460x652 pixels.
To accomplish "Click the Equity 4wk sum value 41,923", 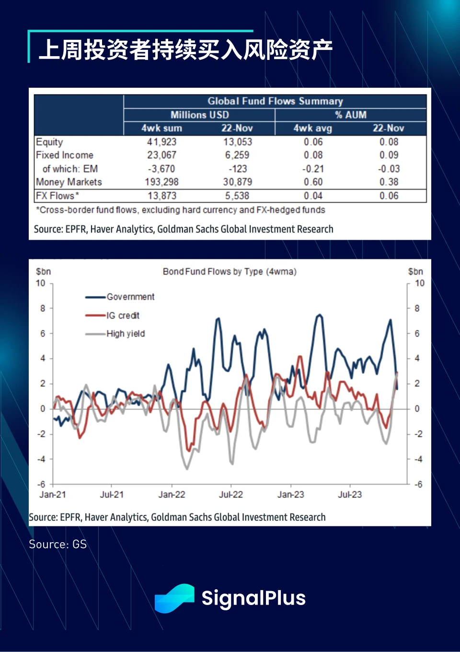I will [x=161, y=142].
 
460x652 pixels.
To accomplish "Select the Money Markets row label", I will [x=69, y=182].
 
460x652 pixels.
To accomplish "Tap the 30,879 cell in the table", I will [x=237, y=182].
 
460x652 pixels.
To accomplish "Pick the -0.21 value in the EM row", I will [x=313, y=169].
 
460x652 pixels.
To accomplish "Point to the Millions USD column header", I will [x=199, y=115].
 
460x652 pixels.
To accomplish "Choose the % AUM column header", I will [x=351, y=115].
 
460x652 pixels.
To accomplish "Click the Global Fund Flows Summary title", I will [x=275, y=101].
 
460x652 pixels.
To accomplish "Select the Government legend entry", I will [x=130, y=297].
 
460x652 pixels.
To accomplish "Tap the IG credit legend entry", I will [x=123, y=315].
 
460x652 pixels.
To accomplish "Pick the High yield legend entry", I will [x=126, y=334].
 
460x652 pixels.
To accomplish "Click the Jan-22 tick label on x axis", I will [x=172, y=494].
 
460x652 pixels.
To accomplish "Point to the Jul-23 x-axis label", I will [x=350, y=494].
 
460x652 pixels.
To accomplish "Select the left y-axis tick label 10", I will [x=41, y=283].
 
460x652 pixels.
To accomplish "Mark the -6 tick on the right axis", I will [x=418, y=485].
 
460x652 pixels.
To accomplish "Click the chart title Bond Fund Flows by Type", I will [x=230, y=272].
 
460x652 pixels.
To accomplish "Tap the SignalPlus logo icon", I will [x=174, y=598].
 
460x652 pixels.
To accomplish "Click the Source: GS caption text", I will [x=57, y=544].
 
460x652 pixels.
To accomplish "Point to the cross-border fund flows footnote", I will [x=181, y=210].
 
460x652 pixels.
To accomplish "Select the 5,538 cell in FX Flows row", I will [x=237, y=196].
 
